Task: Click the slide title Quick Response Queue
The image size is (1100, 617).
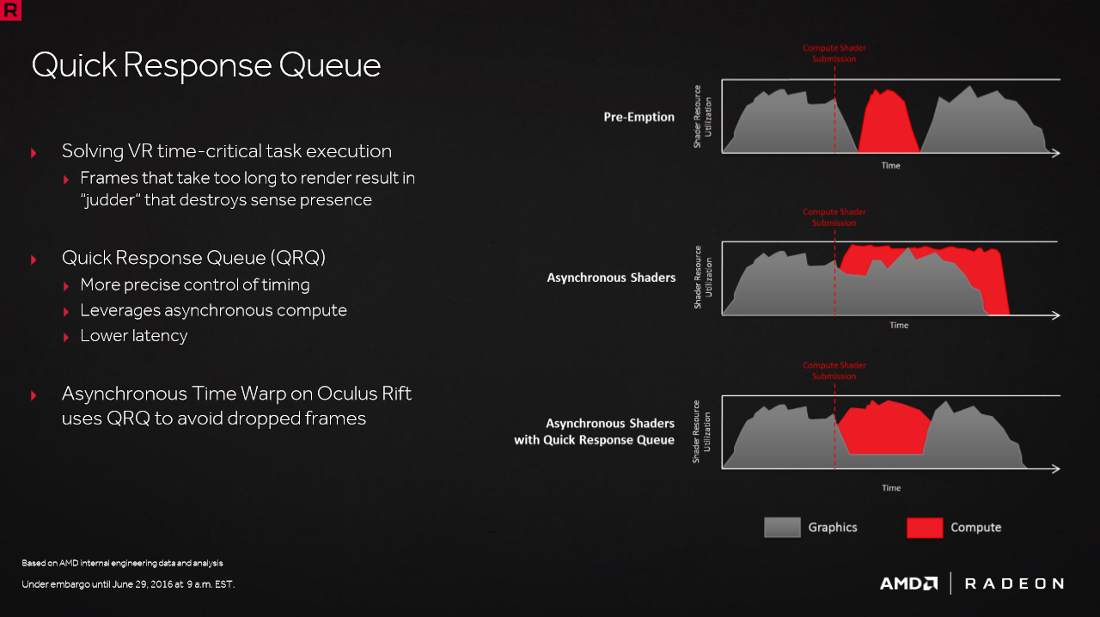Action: coord(206,66)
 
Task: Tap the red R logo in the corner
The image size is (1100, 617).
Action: coord(10,9)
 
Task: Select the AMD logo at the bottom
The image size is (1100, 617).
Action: coord(908,583)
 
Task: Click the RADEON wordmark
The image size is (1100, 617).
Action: coord(1014,583)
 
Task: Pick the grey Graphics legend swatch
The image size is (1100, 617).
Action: coord(782,528)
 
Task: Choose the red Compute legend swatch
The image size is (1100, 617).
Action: coord(925,528)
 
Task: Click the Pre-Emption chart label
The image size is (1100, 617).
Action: coord(639,117)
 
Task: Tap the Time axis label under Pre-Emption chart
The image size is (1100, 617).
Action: coord(891,166)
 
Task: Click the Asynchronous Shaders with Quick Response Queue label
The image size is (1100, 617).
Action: coord(594,431)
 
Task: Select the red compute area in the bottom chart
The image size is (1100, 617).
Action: coord(884,428)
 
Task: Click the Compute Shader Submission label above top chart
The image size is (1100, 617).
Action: coord(834,53)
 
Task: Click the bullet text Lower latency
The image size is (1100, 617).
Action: coord(133,335)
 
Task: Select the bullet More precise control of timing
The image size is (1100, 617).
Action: coord(195,284)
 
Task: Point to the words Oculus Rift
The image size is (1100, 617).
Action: coord(364,394)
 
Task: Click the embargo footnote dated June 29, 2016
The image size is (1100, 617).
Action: coord(128,584)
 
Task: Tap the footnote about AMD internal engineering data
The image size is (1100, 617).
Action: coord(122,563)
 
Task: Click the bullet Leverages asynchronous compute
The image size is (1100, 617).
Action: coord(214,310)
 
